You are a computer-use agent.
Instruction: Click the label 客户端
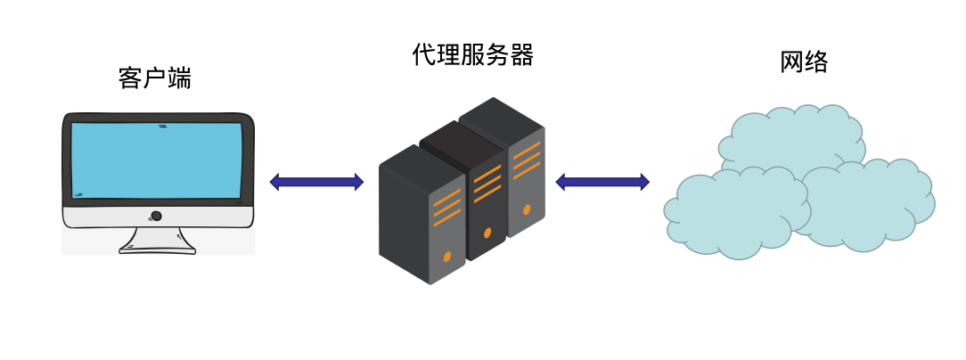point(154,78)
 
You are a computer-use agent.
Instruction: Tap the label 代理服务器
point(473,55)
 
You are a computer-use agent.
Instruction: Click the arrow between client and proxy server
point(316,182)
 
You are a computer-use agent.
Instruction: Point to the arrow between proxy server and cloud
point(602,182)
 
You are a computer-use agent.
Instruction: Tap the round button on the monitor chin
point(156,216)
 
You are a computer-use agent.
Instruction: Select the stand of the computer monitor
point(157,241)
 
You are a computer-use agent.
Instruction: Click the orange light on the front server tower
point(447,257)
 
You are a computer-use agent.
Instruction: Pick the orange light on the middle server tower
point(487,233)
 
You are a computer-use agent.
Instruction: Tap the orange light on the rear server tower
point(527,210)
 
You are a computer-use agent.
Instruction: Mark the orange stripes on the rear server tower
point(527,160)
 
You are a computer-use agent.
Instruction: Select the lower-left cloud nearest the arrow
point(731,214)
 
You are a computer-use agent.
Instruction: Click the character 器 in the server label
point(522,55)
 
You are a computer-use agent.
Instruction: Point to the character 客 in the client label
point(130,78)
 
